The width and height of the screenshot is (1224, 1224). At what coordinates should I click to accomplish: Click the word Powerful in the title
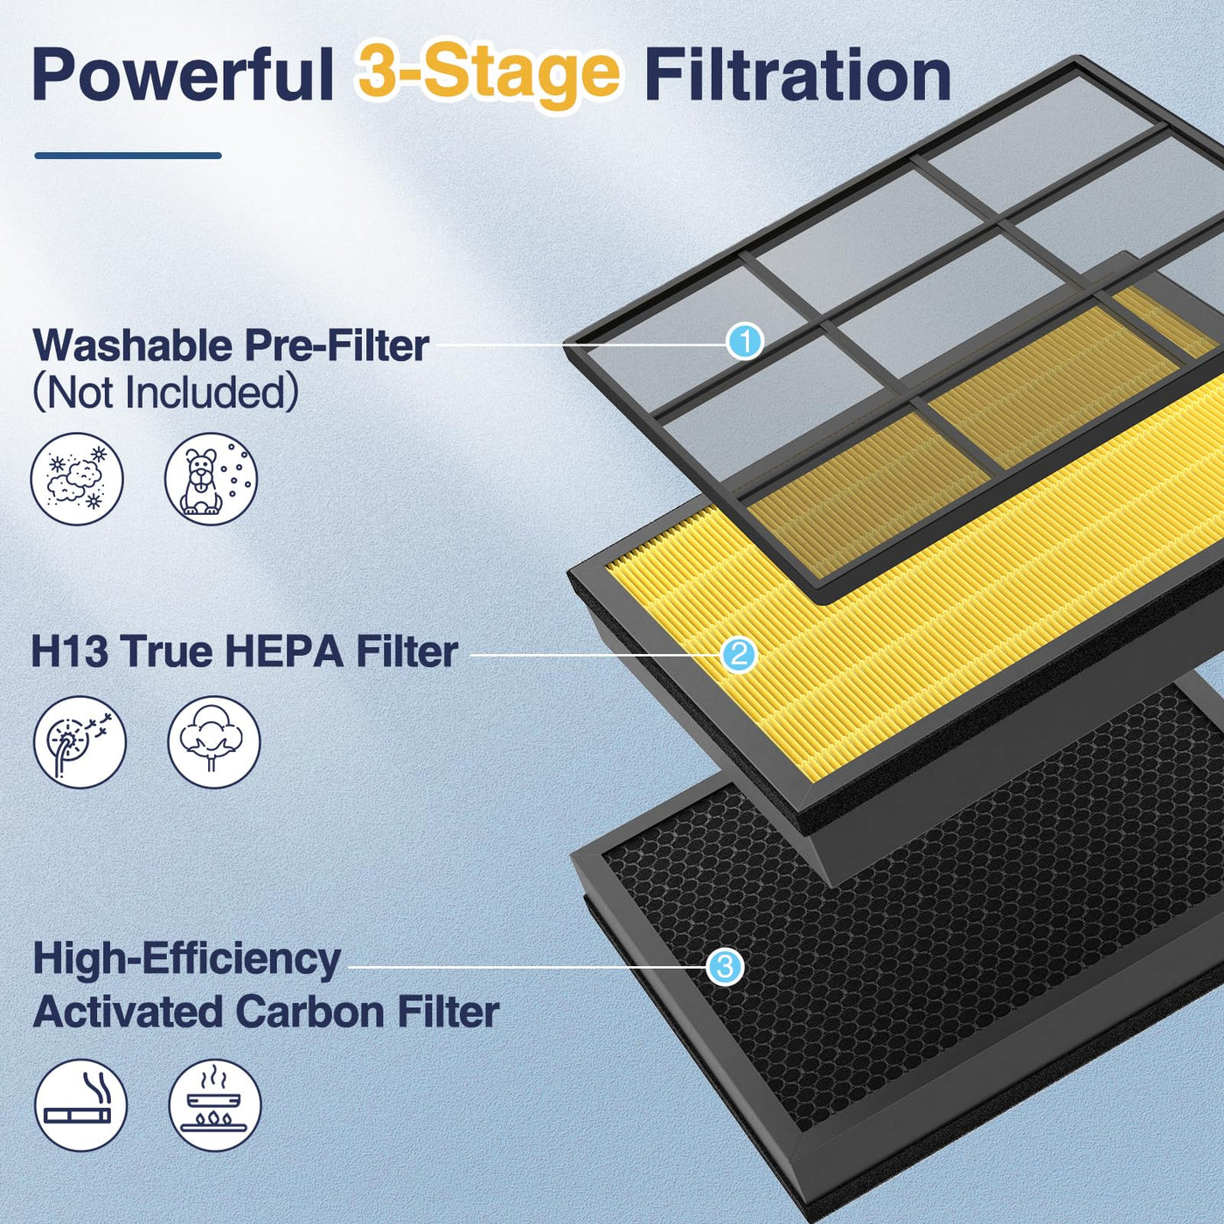[183, 75]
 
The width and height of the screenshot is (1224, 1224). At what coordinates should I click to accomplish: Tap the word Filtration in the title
[798, 75]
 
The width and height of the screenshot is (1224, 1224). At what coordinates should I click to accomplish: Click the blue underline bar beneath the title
[129, 156]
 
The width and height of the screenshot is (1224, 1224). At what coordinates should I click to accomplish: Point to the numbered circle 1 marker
[745, 342]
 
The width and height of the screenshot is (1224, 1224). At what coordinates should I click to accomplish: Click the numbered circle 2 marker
[739, 655]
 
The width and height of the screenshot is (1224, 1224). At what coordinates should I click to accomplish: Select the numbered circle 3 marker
[725, 967]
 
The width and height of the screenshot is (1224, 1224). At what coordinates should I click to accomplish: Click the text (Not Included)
[165, 393]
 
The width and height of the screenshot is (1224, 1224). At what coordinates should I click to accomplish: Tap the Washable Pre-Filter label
[231, 345]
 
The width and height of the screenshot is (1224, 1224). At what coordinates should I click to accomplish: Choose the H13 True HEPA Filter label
[245, 651]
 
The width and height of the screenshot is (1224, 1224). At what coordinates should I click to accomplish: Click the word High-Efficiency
[187, 960]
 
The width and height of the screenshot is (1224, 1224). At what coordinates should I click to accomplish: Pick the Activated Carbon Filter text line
[266, 1012]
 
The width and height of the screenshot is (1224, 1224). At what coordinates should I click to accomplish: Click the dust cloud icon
[77, 480]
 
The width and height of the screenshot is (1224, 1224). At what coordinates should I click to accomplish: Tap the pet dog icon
[211, 480]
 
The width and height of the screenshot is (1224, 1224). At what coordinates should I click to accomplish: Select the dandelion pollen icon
[80, 742]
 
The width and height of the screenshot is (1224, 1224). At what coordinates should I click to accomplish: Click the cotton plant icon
[214, 742]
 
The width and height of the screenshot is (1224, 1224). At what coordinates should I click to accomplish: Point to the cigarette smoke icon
[80, 1106]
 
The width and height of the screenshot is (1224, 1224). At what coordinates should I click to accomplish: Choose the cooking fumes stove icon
[215, 1106]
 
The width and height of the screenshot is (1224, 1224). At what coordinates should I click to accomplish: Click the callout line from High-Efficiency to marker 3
[527, 967]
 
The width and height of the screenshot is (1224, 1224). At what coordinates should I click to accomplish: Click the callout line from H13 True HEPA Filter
[595, 655]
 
